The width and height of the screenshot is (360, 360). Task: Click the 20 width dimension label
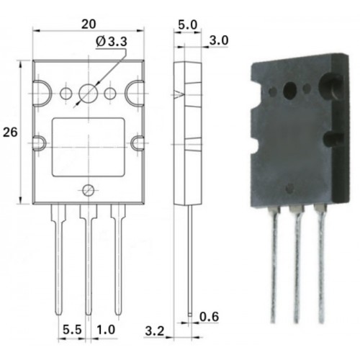(89, 24)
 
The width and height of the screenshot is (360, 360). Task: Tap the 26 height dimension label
(10, 132)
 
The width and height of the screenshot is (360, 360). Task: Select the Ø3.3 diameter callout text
(112, 42)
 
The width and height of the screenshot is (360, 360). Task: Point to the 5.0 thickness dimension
(188, 25)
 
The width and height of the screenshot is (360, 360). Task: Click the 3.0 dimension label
(219, 40)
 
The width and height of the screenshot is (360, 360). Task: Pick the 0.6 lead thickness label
(210, 317)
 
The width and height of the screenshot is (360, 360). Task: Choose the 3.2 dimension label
(155, 331)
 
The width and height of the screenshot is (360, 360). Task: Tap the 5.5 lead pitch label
(72, 330)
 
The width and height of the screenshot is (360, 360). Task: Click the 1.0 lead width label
(106, 330)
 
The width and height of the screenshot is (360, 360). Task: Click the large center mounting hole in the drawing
(89, 94)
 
